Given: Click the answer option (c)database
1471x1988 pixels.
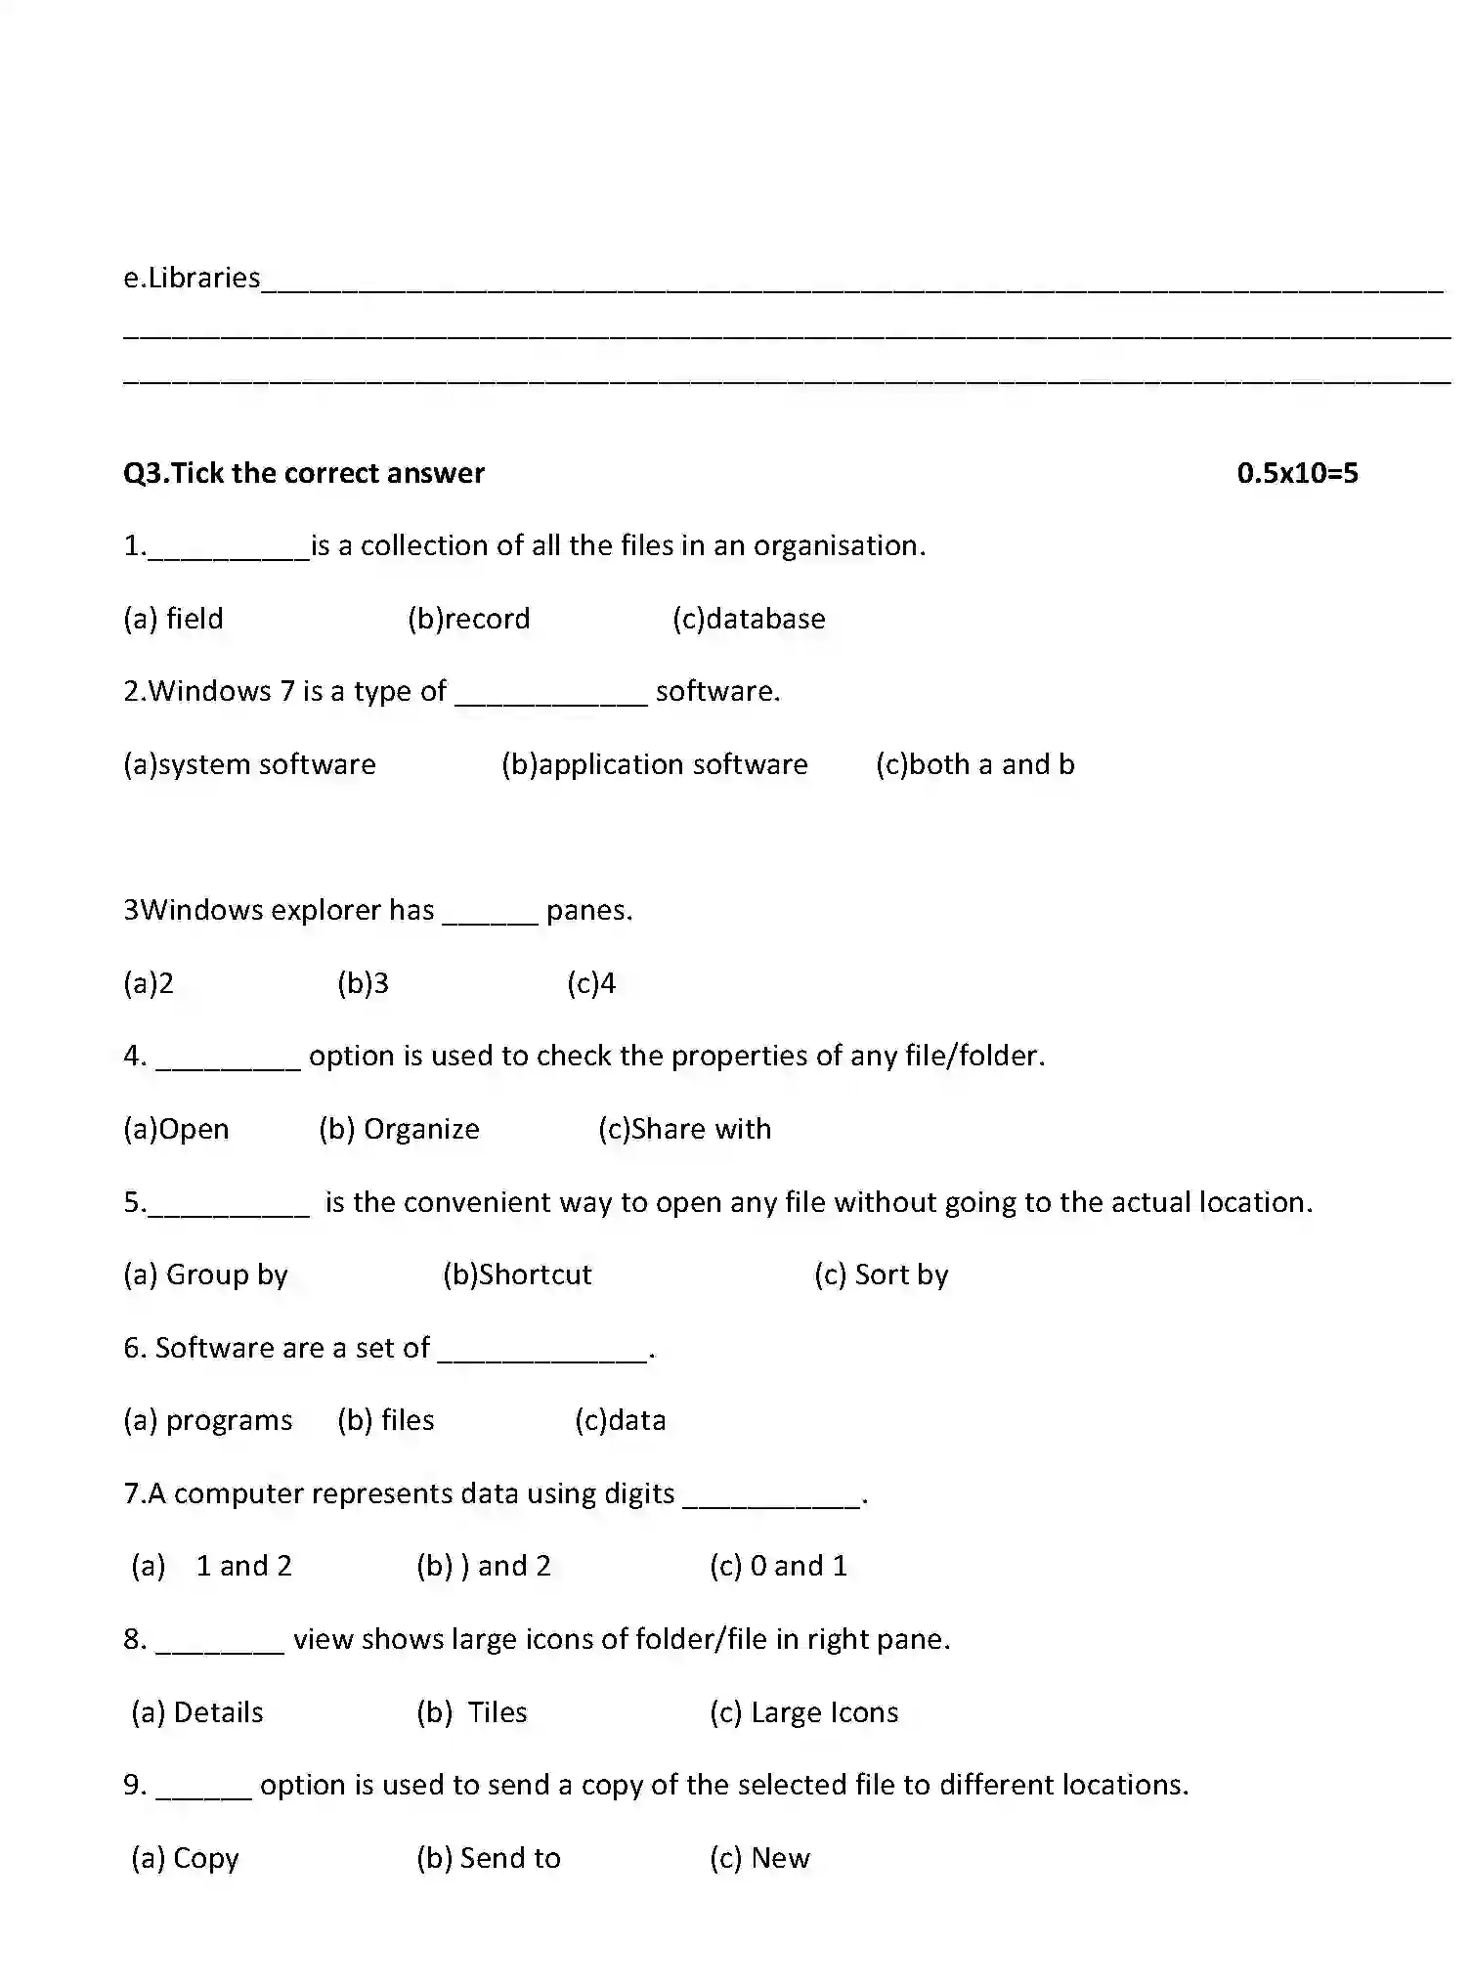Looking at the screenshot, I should [x=749, y=619].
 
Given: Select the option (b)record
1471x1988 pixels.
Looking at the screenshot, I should [x=468, y=619].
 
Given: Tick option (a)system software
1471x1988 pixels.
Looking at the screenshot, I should [x=249, y=764].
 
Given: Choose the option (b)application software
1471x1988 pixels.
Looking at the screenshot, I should [x=654, y=764].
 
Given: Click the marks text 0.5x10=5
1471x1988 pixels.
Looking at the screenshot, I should [x=1297, y=473].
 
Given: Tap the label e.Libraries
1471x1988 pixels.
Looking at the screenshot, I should [x=192, y=279].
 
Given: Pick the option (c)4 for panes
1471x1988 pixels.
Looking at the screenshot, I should [x=591, y=983].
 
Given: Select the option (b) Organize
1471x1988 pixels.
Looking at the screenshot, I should [x=399, y=1129].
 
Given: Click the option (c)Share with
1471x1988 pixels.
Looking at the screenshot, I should [x=684, y=1129].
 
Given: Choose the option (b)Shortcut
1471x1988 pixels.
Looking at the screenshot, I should [x=517, y=1275].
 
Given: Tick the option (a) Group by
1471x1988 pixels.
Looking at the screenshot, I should [x=205, y=1275].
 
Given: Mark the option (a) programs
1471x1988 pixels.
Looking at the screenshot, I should [x=207, y=1421].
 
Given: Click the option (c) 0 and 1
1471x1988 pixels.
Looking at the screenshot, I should [x=778, y=1566].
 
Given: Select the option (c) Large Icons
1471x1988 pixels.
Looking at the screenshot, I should [x=803, y=1712].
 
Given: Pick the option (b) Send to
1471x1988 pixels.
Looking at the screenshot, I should [x=488, y=1858].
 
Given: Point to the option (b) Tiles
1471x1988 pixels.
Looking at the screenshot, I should [x=472, y=1712].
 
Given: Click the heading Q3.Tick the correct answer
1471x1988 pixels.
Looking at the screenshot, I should [x=303, y=473].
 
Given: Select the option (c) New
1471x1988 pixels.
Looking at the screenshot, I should [x=759, y=1858].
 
